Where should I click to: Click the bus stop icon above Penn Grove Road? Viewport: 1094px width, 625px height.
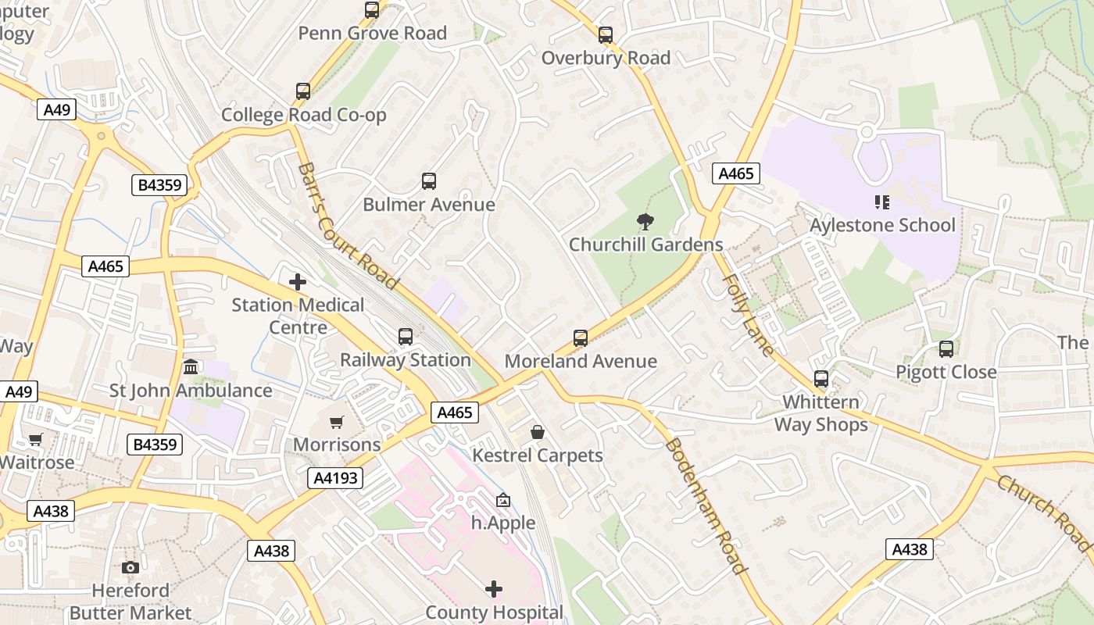pos(372,10)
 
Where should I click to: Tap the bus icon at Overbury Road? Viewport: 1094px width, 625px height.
pos(606,35)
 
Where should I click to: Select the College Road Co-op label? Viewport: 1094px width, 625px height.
pos(303,115)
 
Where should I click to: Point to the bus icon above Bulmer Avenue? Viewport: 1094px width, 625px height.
pos(429,181)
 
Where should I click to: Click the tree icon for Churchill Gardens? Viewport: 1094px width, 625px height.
pos(645,222)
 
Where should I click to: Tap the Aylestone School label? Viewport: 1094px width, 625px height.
pos(882,225)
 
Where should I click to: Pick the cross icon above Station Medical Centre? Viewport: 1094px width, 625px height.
pos(298,281)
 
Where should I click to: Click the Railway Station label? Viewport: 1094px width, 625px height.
pos(405,360)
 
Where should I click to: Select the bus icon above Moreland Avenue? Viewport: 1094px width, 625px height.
pos(581,338)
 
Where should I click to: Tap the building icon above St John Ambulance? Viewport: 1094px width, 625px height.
pos(191,366)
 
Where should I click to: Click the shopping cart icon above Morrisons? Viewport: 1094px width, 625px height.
pos(337,422)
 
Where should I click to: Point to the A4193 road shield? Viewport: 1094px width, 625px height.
pos(336,478)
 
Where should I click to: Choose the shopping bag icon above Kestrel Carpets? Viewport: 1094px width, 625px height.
pos(538,432)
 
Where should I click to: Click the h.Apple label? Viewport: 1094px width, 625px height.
pos(503,523)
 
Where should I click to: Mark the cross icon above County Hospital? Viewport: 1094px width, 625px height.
pos(494,588)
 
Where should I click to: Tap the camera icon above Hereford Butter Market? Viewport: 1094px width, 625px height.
pos(130,567)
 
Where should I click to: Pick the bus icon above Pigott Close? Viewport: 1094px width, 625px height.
pos(946,349)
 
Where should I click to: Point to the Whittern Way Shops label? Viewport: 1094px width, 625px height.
pos(821,413)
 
